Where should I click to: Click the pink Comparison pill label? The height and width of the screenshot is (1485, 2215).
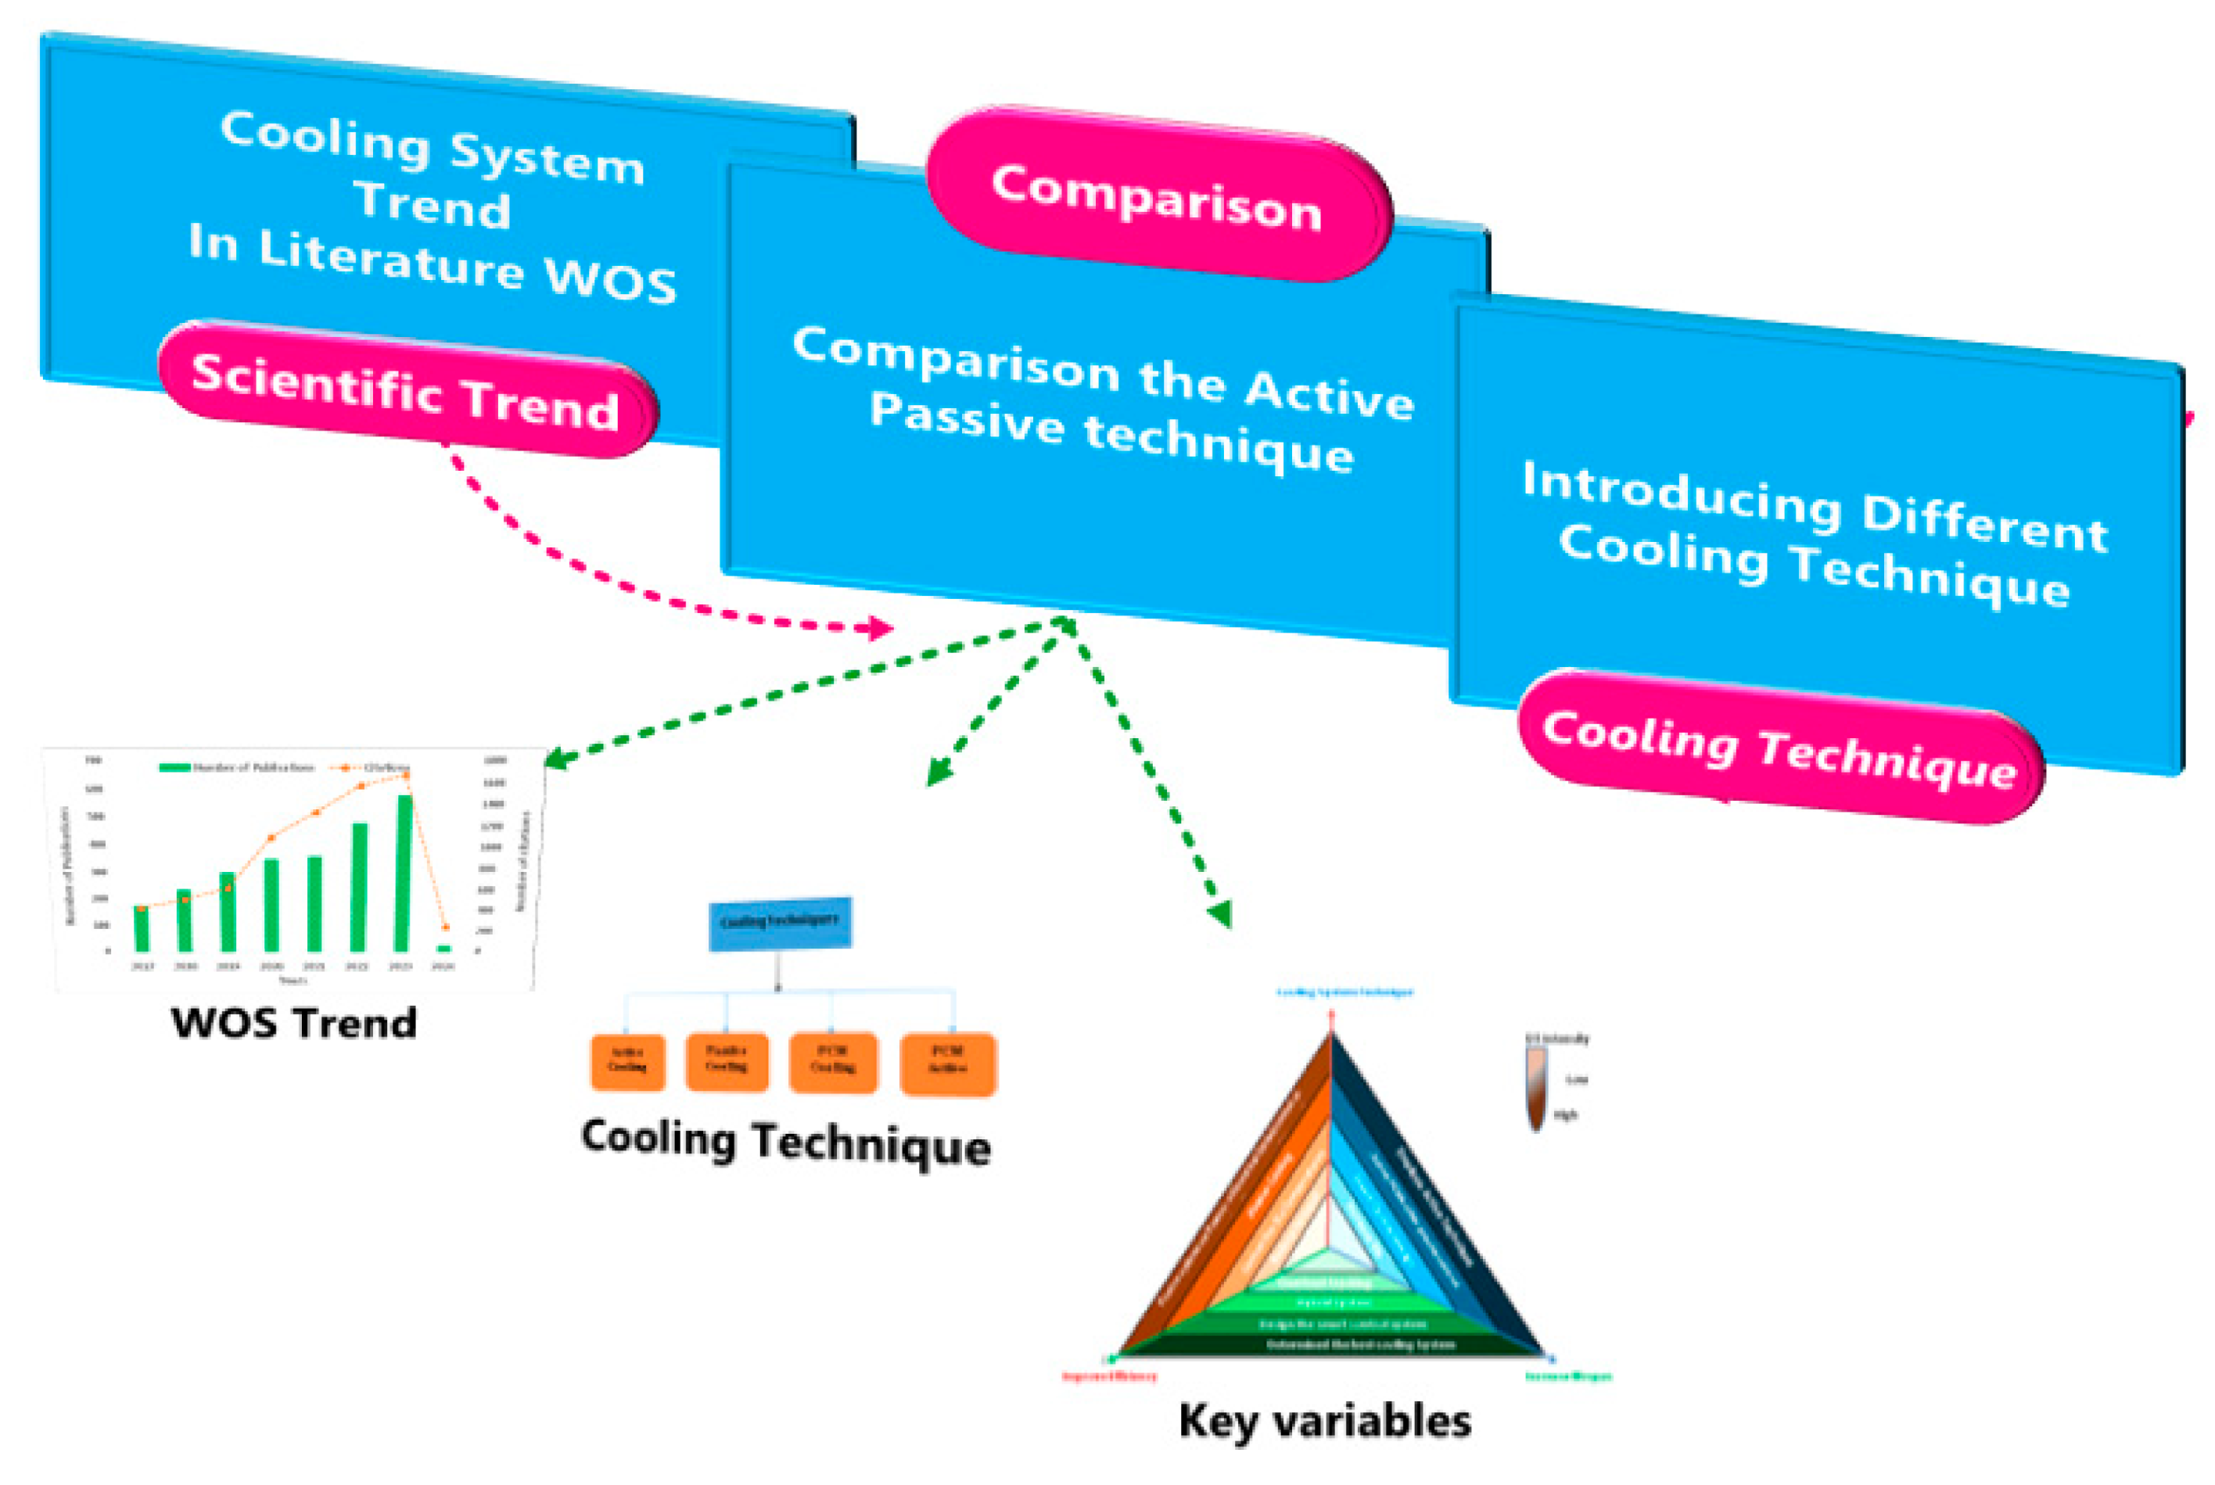(1158, 196)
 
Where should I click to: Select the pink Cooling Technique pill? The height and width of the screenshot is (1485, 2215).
(1779, 749)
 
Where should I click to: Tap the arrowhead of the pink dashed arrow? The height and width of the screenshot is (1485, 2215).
(881, 628)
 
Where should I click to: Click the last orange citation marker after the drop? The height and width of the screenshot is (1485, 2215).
(446, 927)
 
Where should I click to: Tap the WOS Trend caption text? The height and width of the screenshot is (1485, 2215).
(293, 1024)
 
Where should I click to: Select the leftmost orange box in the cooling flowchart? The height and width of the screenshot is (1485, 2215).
(627, 1060)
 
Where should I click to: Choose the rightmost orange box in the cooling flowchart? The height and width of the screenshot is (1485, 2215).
(948, 1063)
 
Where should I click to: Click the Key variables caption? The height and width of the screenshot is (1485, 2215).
(1324, 1422)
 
